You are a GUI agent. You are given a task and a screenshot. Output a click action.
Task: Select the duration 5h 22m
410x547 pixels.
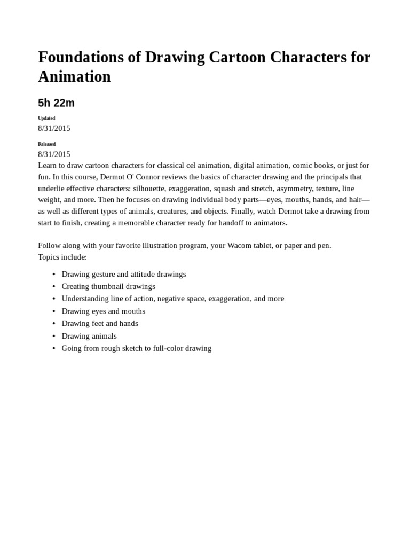pyautogui.click(x=56, y=103)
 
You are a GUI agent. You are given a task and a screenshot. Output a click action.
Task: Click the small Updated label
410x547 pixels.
pyautogui.click(x=46, y=118)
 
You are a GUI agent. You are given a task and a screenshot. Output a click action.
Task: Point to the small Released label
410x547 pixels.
pyautogui.click(x=47, y=144)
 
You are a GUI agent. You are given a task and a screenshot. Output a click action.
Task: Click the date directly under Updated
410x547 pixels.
pyautogui.click(x=54, y=128)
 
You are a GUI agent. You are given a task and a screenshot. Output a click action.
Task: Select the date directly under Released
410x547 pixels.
pyautogui.click(x=54, y=154)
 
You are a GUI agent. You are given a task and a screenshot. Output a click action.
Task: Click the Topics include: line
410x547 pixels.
pyautogui.click(x=62, y=257)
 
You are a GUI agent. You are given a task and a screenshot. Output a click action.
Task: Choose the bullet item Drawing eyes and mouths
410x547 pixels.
pyautogui.click(x=103, y=311)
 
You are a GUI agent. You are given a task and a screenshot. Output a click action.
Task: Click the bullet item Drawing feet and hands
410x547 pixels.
pyautogui.click(x=100, y=323)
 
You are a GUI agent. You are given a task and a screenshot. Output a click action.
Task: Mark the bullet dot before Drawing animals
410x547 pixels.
pyautogui.click(x=54, y=336)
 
